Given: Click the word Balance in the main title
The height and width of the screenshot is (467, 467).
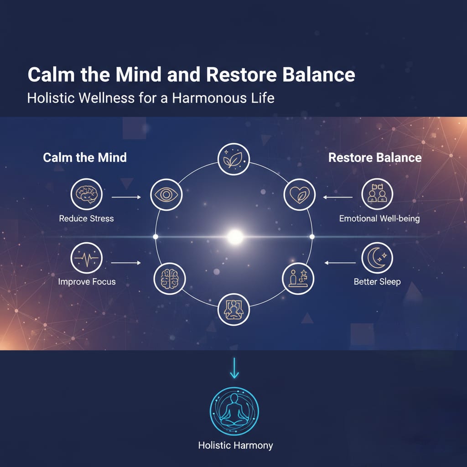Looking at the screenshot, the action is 318,74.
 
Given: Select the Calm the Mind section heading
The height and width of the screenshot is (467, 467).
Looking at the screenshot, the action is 85,157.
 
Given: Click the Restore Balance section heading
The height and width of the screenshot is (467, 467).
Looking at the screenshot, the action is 375,157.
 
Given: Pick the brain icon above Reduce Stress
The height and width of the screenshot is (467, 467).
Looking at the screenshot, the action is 87,194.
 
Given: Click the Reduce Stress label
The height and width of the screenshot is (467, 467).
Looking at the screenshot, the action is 86,218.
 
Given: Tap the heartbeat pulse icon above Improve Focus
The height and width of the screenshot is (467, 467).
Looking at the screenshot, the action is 87,258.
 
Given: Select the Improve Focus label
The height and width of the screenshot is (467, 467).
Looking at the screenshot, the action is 87,281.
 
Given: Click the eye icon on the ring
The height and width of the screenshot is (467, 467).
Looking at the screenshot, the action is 166,195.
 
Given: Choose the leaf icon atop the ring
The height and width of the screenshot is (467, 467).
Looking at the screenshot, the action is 233,159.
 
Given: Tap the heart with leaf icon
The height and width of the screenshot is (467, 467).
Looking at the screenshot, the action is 299,194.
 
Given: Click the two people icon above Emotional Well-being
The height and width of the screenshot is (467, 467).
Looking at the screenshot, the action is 377,194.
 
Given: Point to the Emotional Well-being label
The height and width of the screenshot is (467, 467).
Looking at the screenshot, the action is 379,218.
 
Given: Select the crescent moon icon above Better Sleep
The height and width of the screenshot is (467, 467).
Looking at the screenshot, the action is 377,258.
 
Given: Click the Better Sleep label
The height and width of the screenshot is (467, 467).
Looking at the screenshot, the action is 377,281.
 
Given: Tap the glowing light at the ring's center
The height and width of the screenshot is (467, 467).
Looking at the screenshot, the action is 235,237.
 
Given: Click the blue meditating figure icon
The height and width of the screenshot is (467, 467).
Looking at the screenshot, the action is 234,411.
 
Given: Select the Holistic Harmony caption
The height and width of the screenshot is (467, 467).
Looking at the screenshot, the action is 236,445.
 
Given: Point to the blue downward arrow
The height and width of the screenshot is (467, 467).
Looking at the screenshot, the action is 234,368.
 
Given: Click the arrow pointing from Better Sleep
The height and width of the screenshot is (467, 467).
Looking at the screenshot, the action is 340,263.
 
